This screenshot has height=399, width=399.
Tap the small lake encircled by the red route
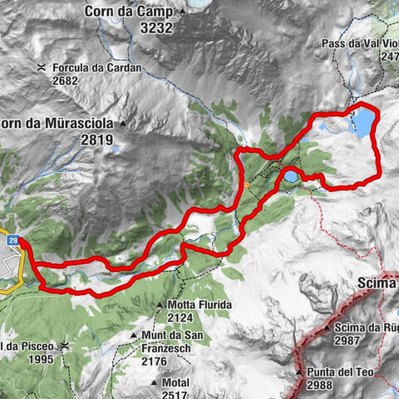coord(291,175)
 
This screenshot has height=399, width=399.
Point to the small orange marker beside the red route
coord(248,185)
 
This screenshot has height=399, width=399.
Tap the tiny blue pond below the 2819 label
coord(115,151)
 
